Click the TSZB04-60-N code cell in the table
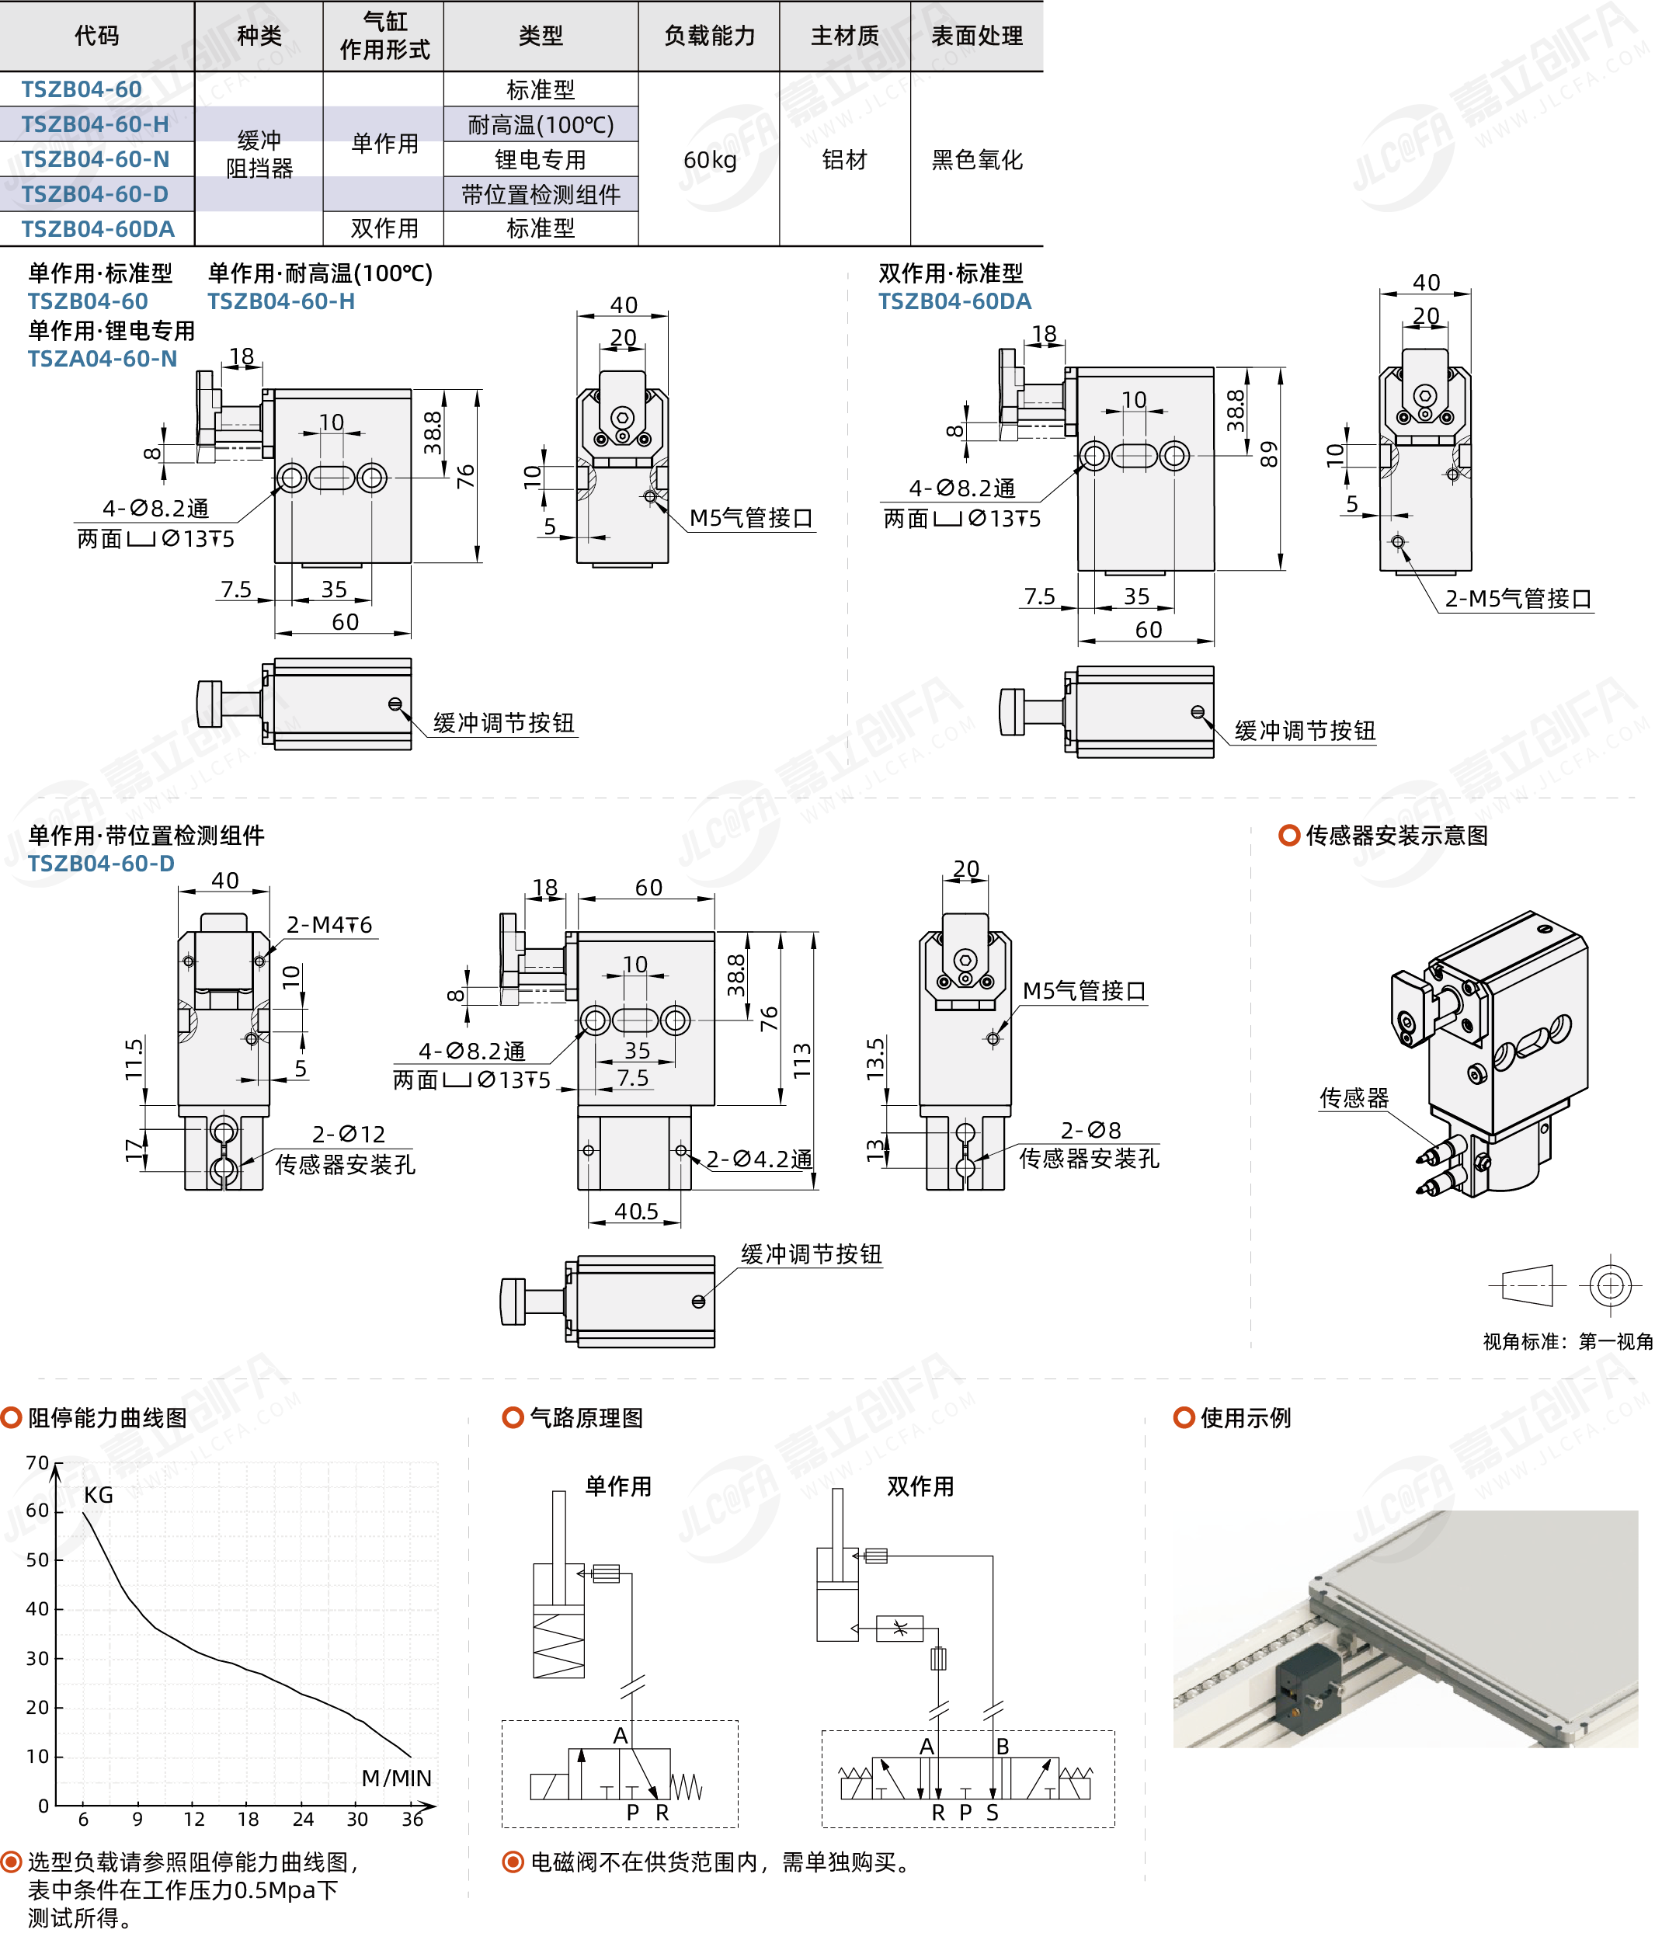[x=96, y=159]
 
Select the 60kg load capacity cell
[x=709, y=159]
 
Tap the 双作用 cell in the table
[x=384, y=228]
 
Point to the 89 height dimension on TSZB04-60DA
[x=1269, y=454]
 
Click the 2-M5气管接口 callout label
[x=1517, y=599]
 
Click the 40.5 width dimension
[x=636, y=1211]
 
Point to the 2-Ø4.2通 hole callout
[x=759, y=1159]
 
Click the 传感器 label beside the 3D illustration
[x=1353, y=1098]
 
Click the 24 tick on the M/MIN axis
[x=303, y=1818]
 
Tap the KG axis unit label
[x=98, y=1494]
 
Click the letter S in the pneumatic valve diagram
[x=992, y=1812]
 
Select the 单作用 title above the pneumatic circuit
[x=617, y=1486]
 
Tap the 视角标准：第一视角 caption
[x=1567, y=1341]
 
